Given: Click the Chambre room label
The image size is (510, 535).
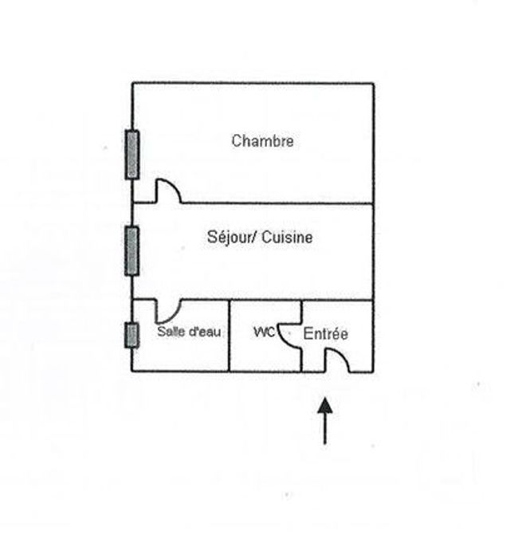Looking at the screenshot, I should pos(262,141).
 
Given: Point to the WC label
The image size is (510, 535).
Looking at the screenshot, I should pos(263,331).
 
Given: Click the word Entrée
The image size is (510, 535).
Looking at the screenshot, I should pos(326,334).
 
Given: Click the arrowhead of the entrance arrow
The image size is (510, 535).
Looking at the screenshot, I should pos(324,406).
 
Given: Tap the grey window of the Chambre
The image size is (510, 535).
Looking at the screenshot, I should pos(131,154).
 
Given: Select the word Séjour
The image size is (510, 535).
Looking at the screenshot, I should pos(224,238).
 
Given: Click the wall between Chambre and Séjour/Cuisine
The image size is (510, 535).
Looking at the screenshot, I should pos(279,203).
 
